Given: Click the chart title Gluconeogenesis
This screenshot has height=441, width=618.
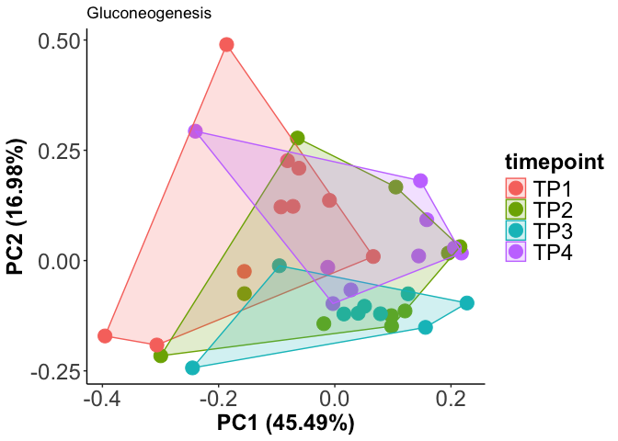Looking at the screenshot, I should coord(149,14).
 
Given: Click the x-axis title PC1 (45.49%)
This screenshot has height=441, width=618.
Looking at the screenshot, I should coord(285,424).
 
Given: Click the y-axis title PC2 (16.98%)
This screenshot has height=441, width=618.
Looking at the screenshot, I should coord(17,207).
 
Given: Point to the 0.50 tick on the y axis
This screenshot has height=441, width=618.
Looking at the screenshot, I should coord(57,42).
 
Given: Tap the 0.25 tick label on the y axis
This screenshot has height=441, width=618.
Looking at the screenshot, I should coord(57,152).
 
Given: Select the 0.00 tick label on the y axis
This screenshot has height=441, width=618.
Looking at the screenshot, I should coord(57,261).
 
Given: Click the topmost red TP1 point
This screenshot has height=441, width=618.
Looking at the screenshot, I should coord(226,45).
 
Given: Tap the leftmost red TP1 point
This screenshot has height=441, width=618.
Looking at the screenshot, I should coord(105,336).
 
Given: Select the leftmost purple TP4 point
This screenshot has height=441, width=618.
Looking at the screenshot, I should coord(195,131).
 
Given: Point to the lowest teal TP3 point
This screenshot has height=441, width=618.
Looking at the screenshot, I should coord(192,368).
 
